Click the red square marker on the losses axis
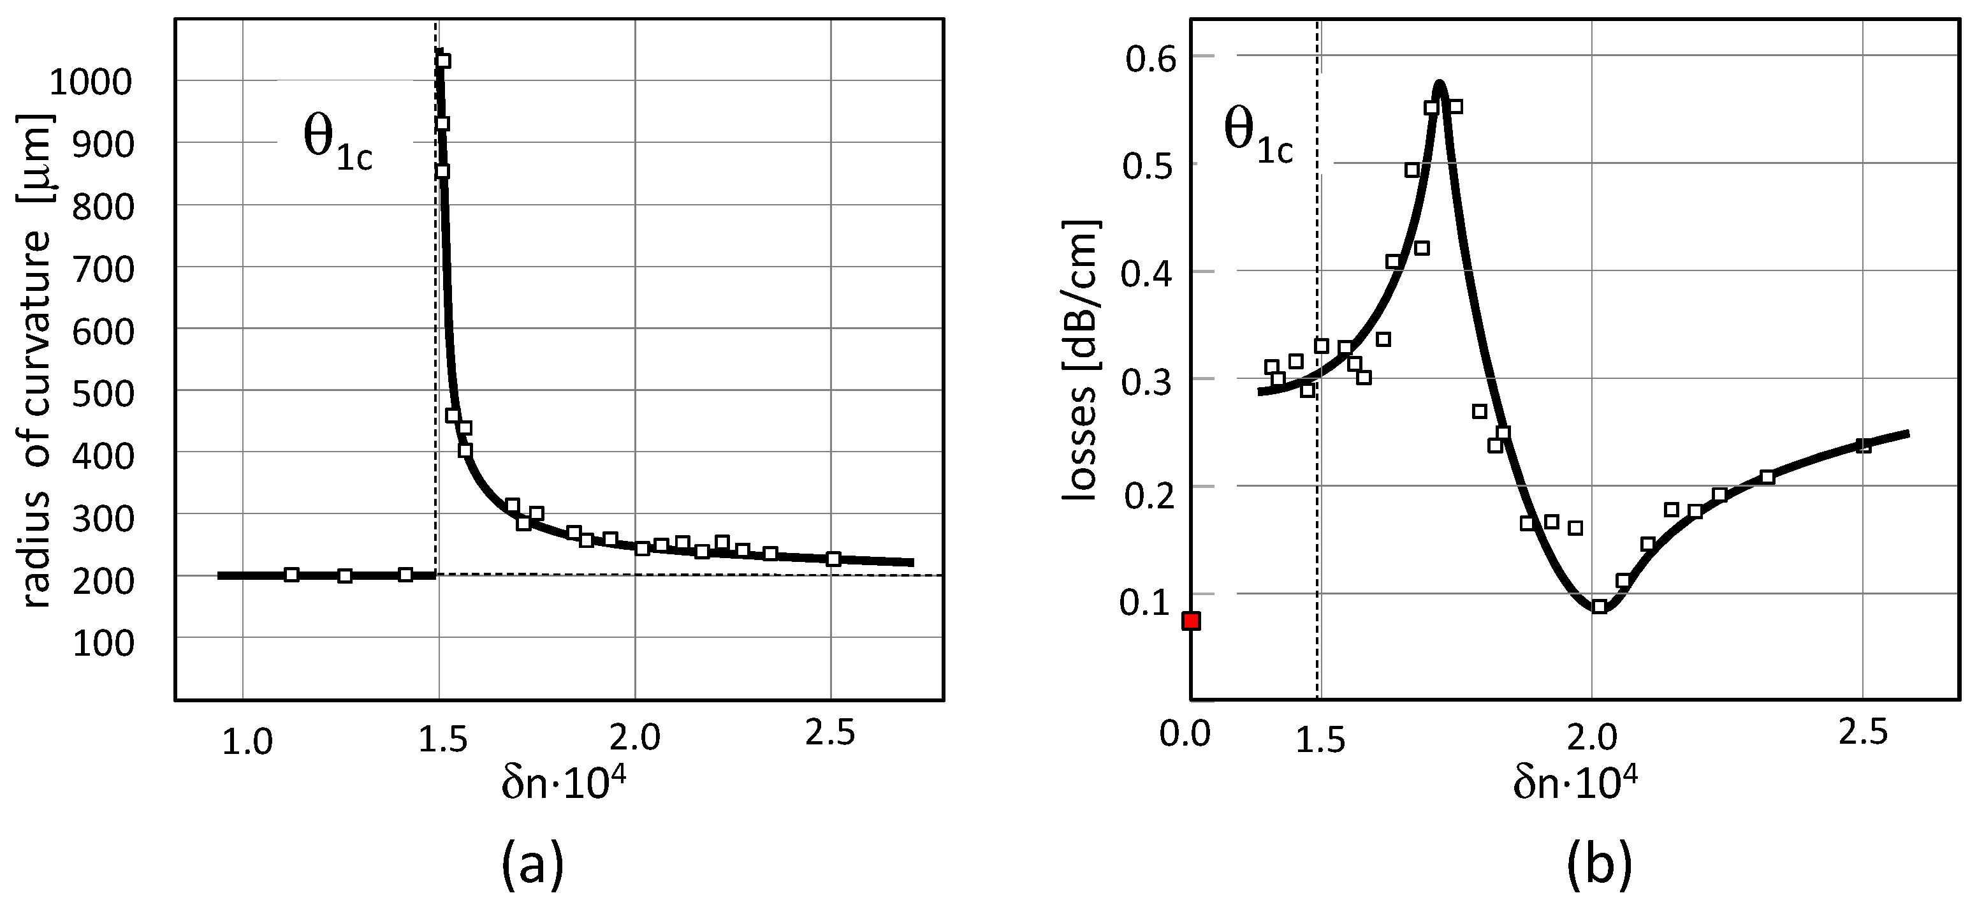pos(1191,621)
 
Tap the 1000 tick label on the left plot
pos(91,82)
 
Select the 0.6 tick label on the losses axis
pos(1151,58)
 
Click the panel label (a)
pos(532,863)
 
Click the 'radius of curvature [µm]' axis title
pos(37,361)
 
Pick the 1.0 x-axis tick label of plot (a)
pos(247,742)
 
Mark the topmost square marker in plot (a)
pos(443,61)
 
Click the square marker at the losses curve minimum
pos(1599,607)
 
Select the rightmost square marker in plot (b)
pos(1864,445)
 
